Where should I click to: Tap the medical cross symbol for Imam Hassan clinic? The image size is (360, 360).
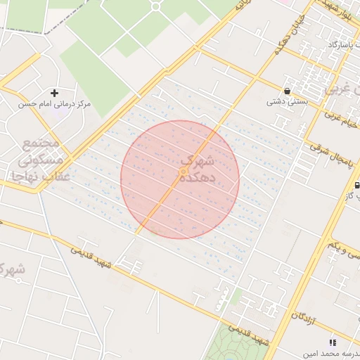point(54,93)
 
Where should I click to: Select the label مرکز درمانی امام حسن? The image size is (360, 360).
point(55,104)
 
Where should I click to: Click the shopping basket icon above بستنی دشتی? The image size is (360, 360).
point(288,90)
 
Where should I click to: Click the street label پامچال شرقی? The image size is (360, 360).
point(325,152)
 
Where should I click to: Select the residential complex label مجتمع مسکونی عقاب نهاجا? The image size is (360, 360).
point(42,160)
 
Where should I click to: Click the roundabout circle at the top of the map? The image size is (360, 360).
point(155,6)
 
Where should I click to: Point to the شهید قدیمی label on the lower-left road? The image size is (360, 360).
point(91,255)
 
